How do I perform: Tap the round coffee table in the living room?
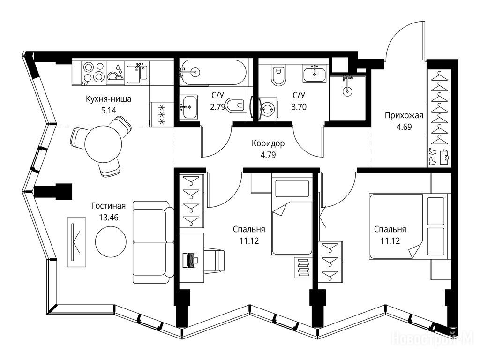[111, 241]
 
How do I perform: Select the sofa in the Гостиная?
[152, 242]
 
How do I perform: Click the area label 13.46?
[109, 217]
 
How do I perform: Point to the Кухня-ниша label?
[108, 99]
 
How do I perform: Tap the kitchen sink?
[137, 72]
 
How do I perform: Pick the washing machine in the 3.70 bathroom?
[267, 108]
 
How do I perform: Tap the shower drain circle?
[347, 91]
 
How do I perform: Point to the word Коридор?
[268, 143]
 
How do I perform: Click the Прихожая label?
[404, 115]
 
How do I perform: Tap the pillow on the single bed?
[292, 188]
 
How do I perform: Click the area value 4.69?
[404, 127]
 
